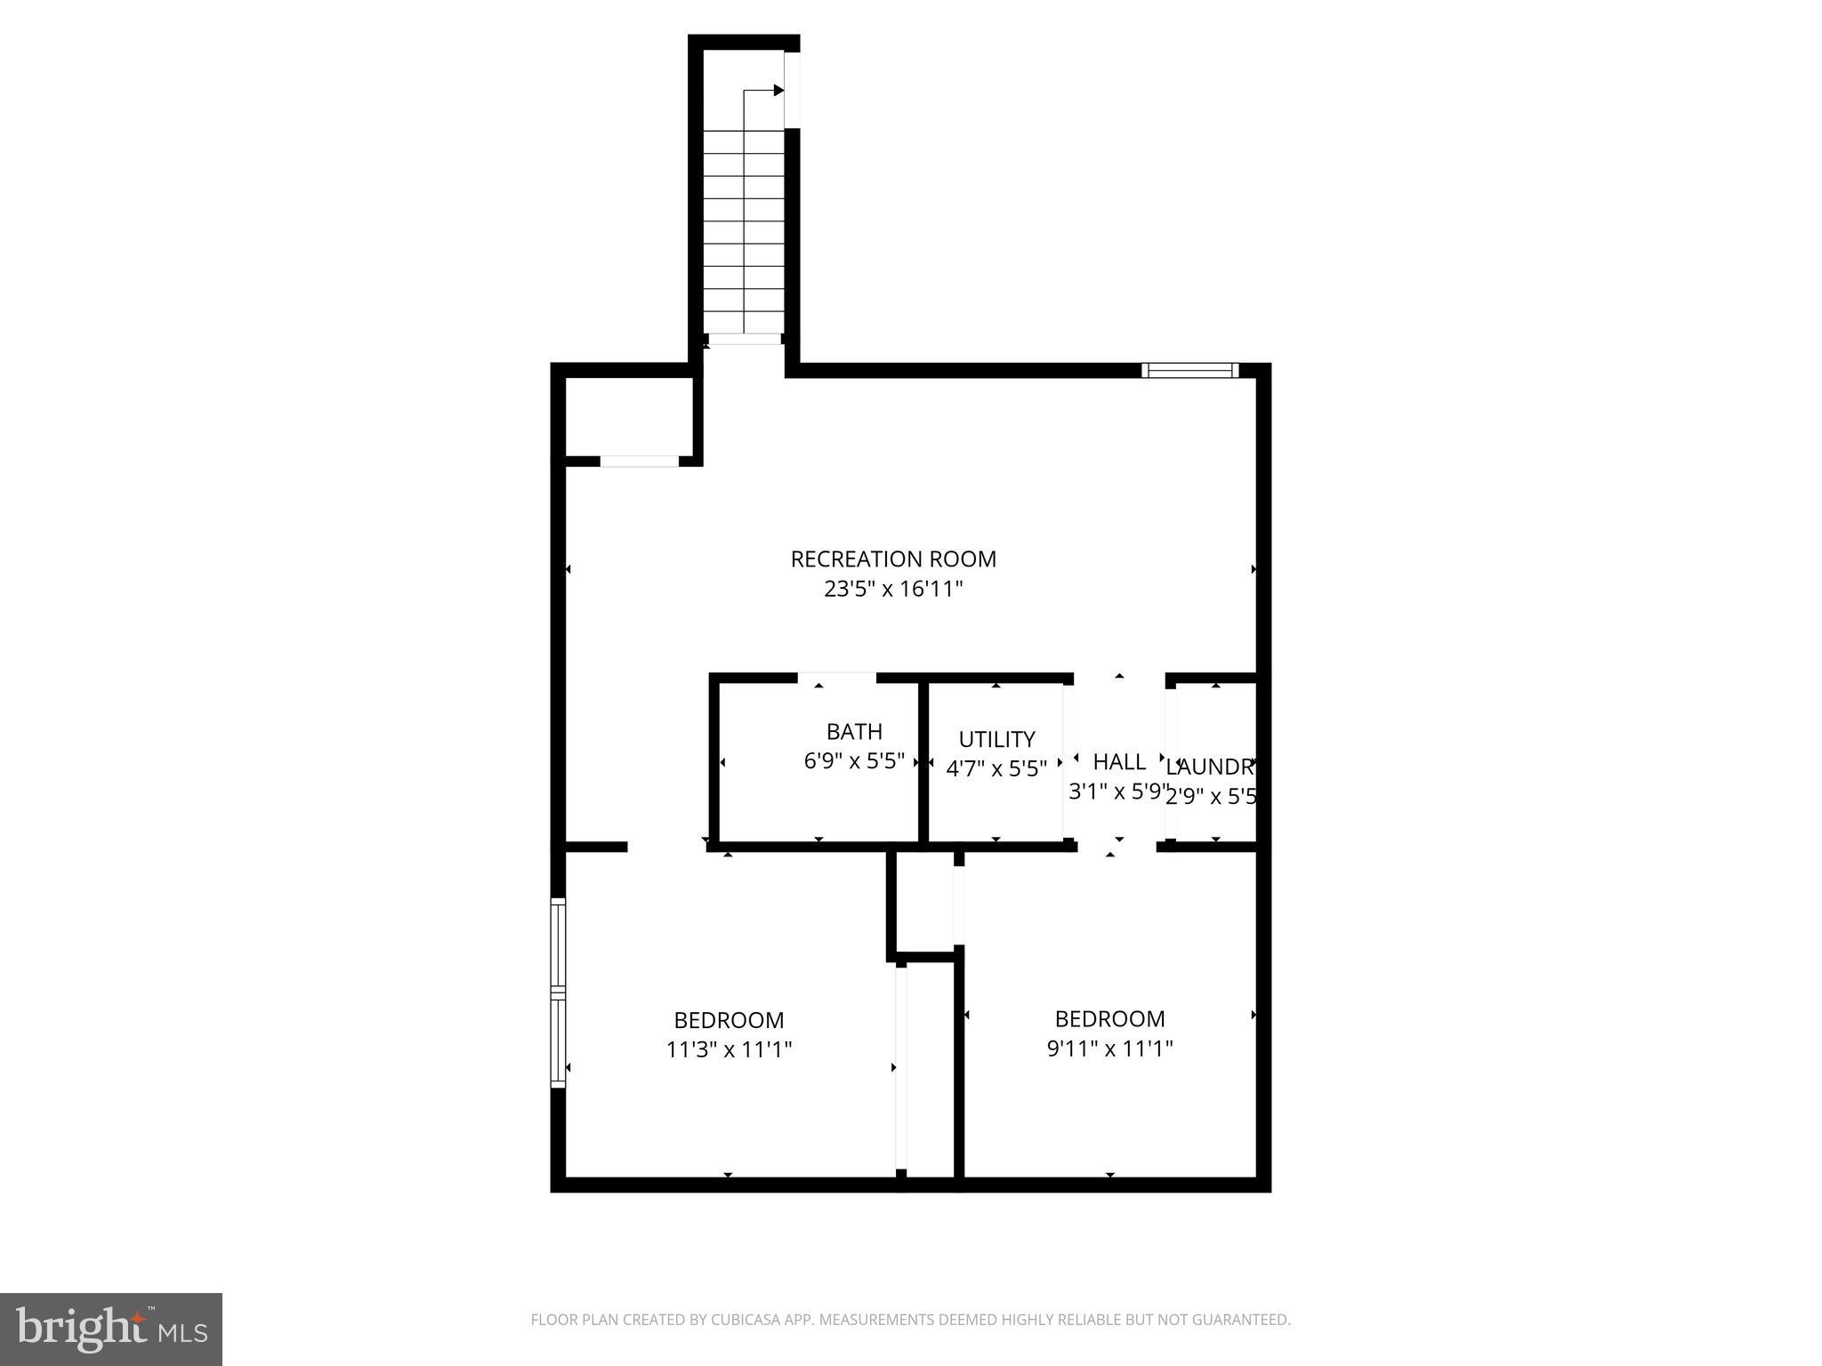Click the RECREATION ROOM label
pos(893,559)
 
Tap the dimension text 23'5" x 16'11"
pos(893,589)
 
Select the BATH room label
pos(854,732)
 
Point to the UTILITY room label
pos(996,739)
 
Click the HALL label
pos(1119,761)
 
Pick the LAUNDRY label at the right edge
pos(1210,767)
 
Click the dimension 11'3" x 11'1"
pos(729,1049)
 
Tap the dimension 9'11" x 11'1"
pos(1109,1049)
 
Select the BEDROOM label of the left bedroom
pos(729,1020)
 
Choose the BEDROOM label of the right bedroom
pos(1109,1018)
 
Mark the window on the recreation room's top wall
pos(1189,370)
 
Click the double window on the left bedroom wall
pos(558,992)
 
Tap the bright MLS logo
pos(111,1330)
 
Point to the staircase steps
pos(744,231)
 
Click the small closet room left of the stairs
pos(629,416)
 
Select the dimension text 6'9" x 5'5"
pos(854,761)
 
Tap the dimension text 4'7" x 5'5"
pos(996,768)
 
